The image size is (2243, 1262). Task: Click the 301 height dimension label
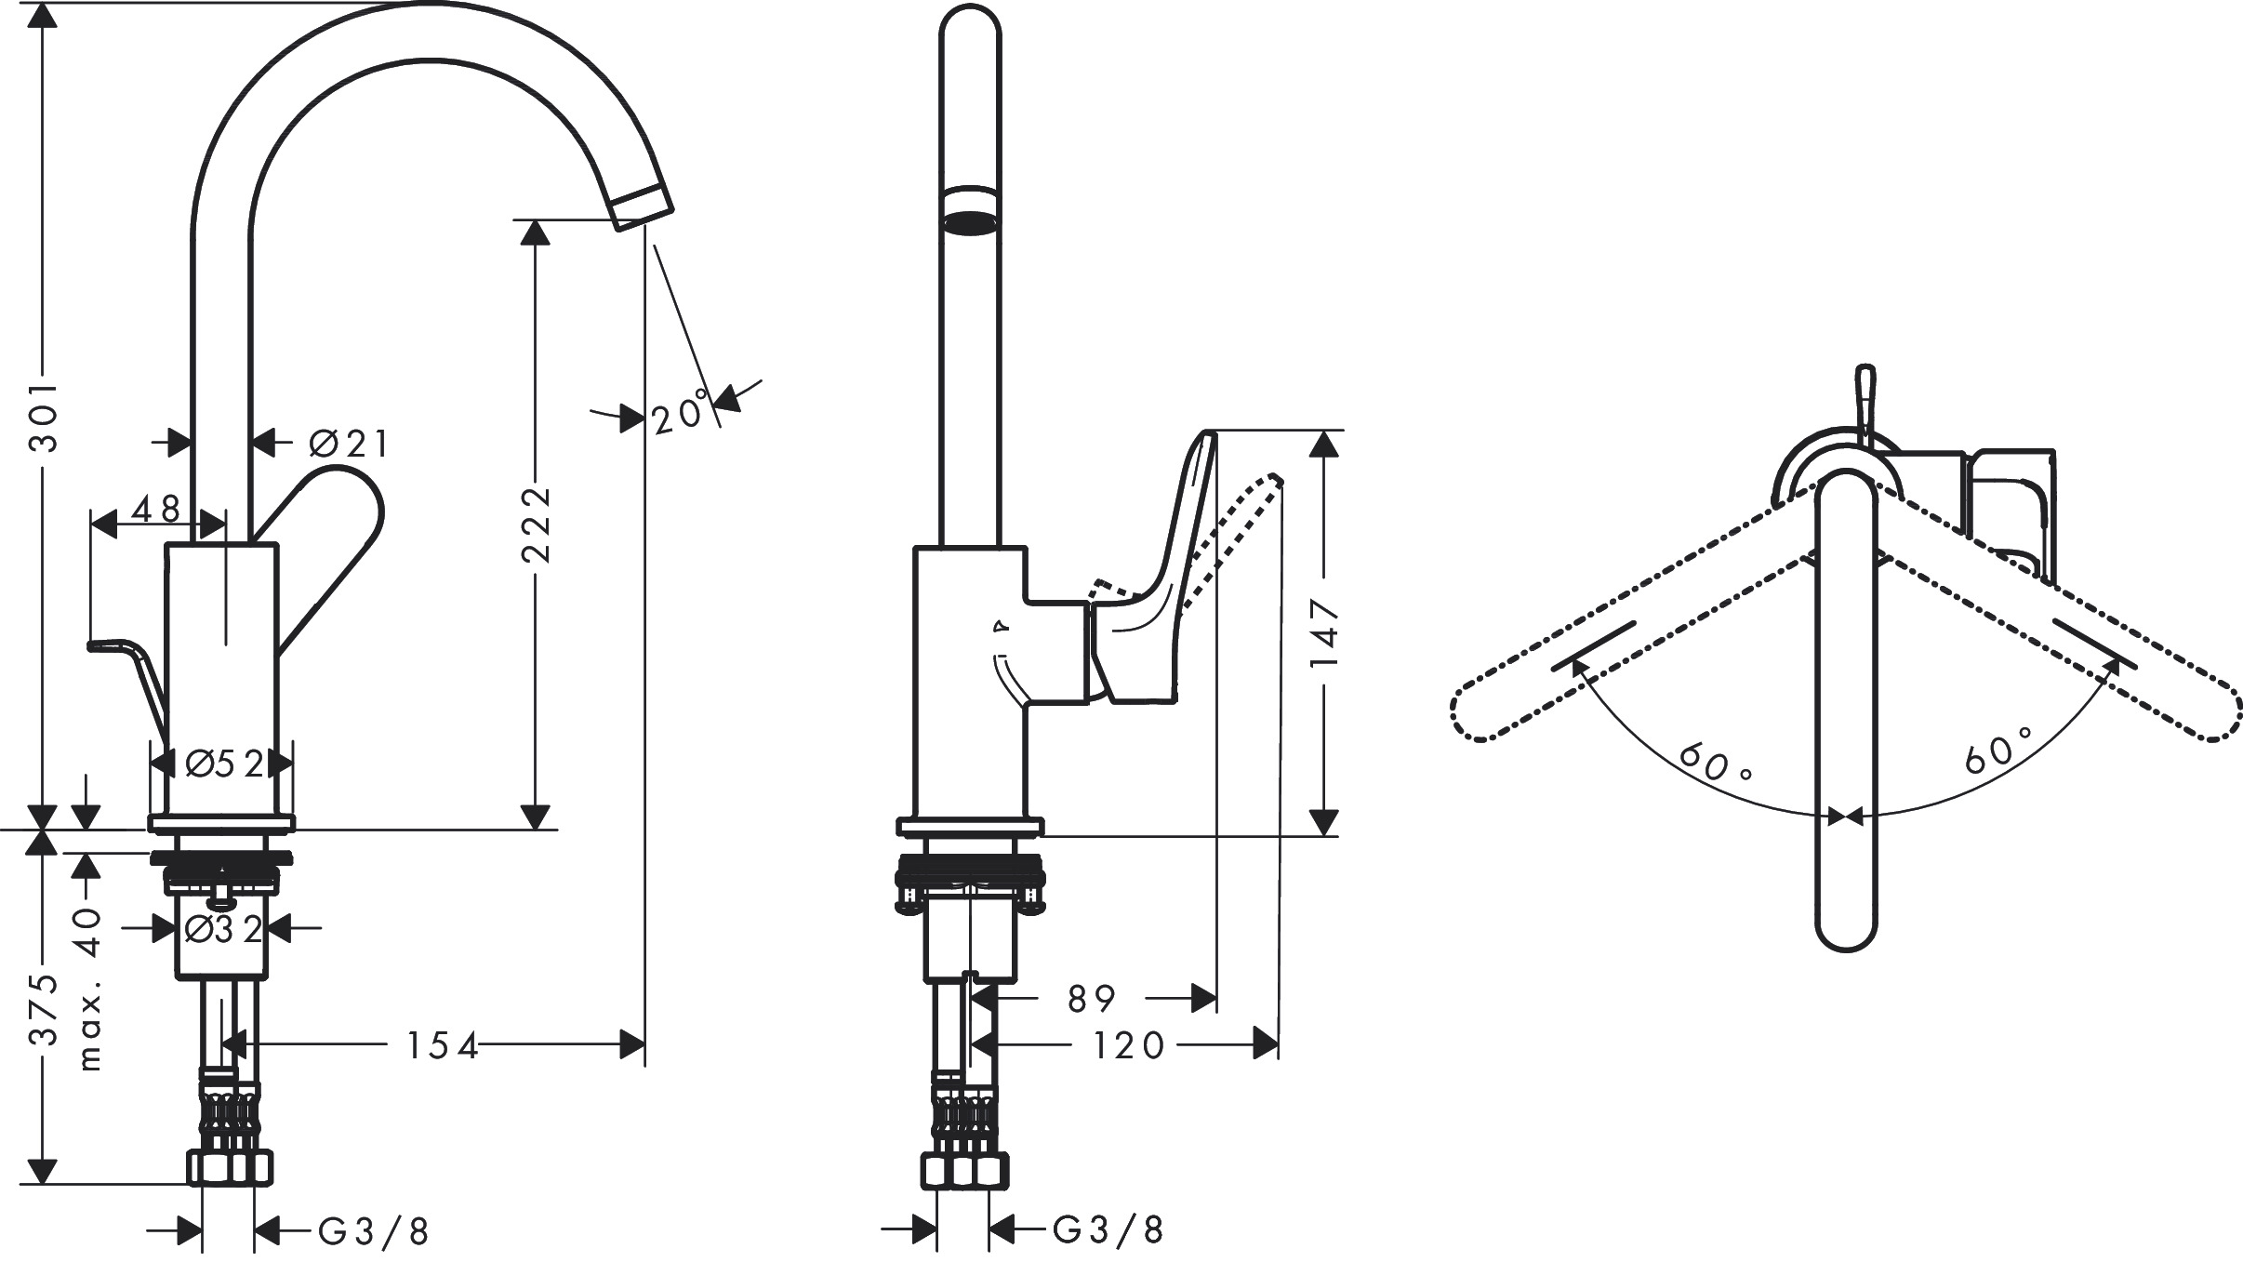43,416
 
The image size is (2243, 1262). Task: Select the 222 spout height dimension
536,524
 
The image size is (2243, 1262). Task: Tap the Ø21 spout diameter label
349,444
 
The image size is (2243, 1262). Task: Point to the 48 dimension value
156,508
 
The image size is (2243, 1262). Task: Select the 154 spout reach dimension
443,1045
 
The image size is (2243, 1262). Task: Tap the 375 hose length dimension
43,1011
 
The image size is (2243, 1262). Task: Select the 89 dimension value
1092,999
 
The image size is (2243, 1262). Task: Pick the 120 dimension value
1128,1045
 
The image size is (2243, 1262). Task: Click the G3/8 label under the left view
374,1232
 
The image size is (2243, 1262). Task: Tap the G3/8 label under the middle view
1108,1230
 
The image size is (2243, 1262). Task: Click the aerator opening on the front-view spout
970,224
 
